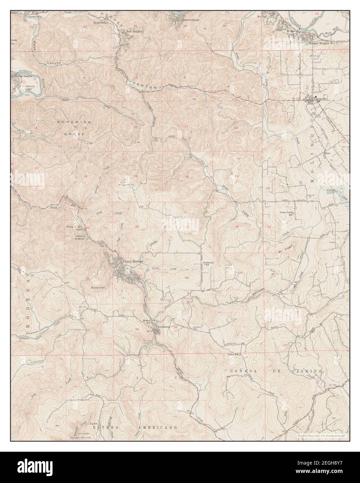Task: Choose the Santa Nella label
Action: (99, 23)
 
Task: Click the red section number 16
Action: (85, 177)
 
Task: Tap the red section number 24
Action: (237, 227)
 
